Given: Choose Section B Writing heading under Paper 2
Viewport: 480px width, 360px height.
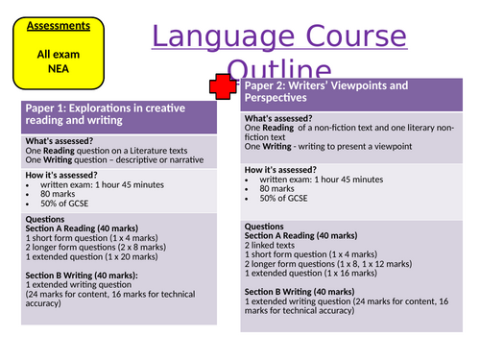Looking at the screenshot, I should coord(300,291).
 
